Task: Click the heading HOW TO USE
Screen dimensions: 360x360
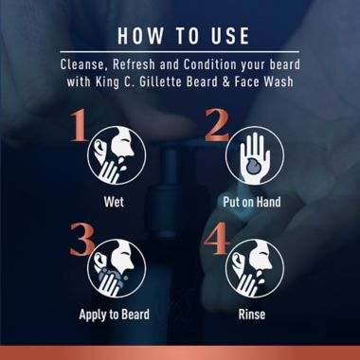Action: [179, 36]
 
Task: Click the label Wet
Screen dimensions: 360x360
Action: [113, 202]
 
